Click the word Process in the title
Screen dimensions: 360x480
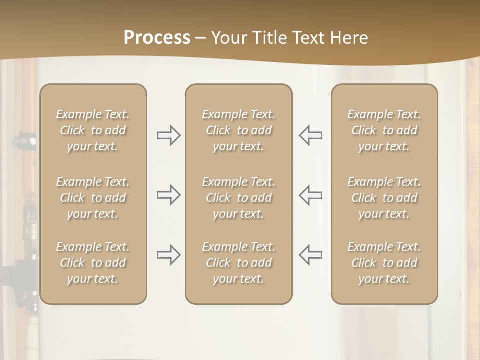157,37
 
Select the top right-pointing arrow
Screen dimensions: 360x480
169,135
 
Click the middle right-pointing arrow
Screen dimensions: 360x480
169,195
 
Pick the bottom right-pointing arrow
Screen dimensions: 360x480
169,255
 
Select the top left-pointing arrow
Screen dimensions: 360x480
310,135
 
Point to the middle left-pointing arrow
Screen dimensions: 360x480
310,195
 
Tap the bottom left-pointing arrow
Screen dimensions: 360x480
310,255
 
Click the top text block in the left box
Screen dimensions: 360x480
93,130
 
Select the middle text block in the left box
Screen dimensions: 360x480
93,198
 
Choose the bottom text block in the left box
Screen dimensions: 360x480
93,263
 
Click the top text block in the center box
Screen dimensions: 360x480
239,130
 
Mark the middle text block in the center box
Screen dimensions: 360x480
239,198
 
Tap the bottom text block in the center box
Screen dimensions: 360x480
239,263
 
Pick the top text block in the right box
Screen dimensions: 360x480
384,130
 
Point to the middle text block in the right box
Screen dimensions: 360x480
384,198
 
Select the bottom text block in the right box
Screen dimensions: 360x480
384,263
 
